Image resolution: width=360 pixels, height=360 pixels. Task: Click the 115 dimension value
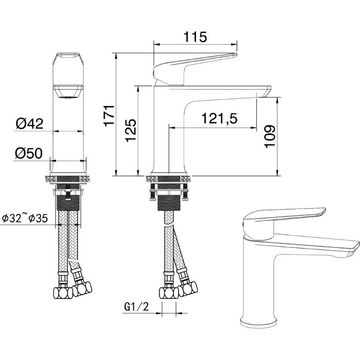[195, 37]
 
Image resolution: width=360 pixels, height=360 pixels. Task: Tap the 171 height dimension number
[109, 115]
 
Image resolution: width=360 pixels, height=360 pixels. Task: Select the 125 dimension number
[131, 130]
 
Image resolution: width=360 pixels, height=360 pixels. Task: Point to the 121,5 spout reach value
[219, 118]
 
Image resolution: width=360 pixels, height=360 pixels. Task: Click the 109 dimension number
[270, 136]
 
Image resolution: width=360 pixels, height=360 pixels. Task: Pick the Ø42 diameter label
[29, 124]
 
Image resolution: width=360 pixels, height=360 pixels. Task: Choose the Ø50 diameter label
[29, 153]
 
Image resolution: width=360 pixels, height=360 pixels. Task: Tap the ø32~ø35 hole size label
[25, 218]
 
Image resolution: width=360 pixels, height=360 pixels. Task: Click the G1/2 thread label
[136, 306]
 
